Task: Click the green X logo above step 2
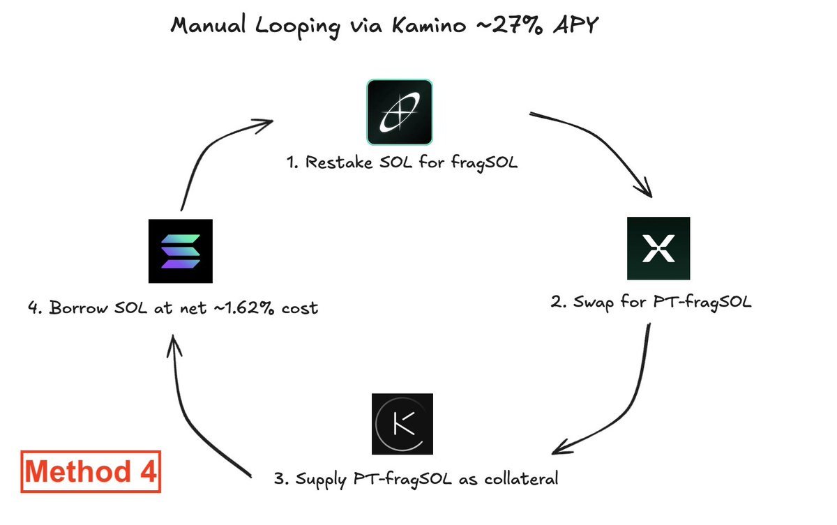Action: coord(658,249)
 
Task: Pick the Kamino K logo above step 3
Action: coord(402,424)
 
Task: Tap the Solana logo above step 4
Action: coord(180,251)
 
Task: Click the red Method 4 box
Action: coord(91,473)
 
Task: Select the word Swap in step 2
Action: coord(591,304)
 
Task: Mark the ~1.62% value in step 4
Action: coord(242,307)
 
